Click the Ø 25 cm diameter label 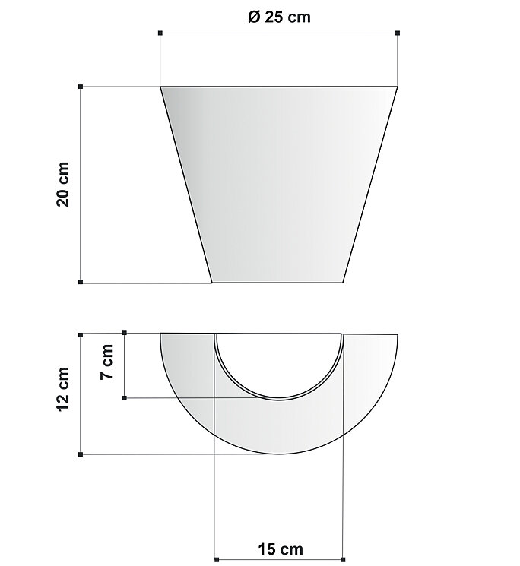pyautogui.click(x=279, y=17)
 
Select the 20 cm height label pyautogui.click(x=63, y=184)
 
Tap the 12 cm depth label pyautogui.click(x=63, y=389)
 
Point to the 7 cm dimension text pyautogui.click(x=107, y=362)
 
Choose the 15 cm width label pyautogui.click(x=281, y=549)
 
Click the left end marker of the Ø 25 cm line pyautogui.click(x=160, y=33)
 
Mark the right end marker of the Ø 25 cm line pyautogui.click(x=398, y=33)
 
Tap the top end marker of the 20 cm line pyautogui.click(x=81, y=87)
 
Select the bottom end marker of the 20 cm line pyautogui.click(x=81, y=282)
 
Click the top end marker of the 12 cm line pyautogui.click(x=81, y=335)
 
